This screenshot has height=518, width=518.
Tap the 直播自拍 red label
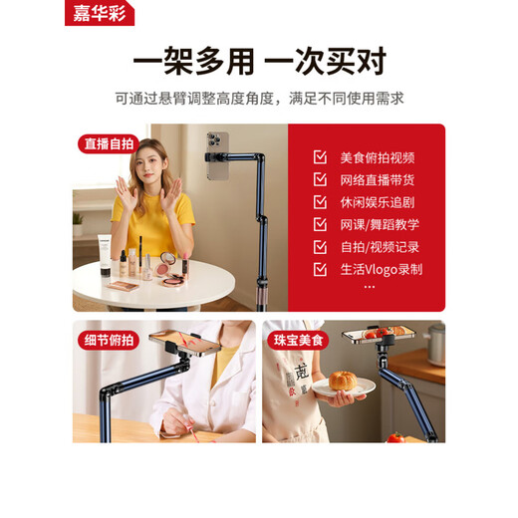pyautogui.click(x=108, y=143)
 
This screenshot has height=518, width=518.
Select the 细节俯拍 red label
pyautogui.click(x=108, y=341)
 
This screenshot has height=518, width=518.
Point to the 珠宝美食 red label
pyautogui.click(x=298, y=341)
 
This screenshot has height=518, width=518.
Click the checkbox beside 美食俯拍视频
pyautogui.click(x=320, y=157)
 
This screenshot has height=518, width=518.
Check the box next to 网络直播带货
pyautogui.click(x=320, y=179)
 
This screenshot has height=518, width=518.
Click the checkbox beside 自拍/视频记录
pyautogui.click(x=320, y=246)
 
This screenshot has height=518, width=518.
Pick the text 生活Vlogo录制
pyautogui.click(x=382, y=268)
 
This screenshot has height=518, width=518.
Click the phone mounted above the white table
pyautogui.click(x=218, y=157)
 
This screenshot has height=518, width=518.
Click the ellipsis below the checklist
pyautogui.click(x=370, y=287)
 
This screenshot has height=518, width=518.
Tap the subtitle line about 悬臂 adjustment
pyautogui.click(x=258, y=98)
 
